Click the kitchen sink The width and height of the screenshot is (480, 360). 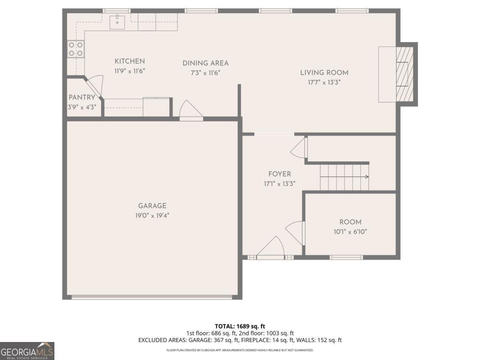(117, 22)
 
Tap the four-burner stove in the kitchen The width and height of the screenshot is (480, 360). (76, 49)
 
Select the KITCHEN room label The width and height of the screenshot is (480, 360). (130, 61)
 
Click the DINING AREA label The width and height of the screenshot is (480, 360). (206, 63)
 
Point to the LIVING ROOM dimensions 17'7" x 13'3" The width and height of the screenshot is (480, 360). (324, 82)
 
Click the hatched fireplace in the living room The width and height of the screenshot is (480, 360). (404, 74)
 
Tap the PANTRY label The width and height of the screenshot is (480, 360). (82, 97)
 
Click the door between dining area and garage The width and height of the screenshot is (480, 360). (191, 110)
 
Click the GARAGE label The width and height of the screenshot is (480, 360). (152, 206)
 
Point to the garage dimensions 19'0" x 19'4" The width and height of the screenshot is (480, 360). (152, 216)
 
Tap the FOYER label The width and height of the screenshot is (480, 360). (280, 174)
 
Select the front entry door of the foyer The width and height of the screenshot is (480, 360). (270, 248)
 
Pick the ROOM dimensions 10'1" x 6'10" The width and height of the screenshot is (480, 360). (350, 232)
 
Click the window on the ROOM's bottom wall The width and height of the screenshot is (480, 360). (346, 257)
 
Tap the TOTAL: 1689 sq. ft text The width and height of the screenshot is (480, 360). (240, 326)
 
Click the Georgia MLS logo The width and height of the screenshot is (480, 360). (27, 351)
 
